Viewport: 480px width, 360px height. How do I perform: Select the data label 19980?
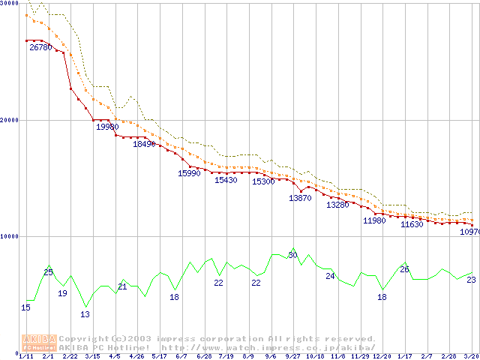click(x=107, y=127)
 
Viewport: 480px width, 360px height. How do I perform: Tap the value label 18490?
click(x=144, y=144)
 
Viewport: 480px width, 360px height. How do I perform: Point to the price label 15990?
click(x=189, y=173)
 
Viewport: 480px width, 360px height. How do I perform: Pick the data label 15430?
click(x=226, y=180)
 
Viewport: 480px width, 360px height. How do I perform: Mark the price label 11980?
click(x=374, y=220)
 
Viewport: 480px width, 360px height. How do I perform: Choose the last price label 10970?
click(x=469, y=232)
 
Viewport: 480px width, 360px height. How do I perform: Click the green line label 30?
click(x=292, y=256)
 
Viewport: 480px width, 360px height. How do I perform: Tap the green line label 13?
click(x=85, y=314)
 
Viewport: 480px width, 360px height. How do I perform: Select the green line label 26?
click(x=404, y=269)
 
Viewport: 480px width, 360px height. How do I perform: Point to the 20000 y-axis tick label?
click(x=9, y=120)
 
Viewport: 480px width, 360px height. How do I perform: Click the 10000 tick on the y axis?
click(x=9, y=236)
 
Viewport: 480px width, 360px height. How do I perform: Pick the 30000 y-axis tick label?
click(x=9, y=4)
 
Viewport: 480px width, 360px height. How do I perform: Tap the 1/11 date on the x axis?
click(x=25, y=356)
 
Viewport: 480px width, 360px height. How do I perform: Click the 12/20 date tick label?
click(x=382, y=356)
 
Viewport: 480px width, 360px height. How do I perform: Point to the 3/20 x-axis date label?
click(x=470, y=356)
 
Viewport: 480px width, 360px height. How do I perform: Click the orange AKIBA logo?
click(x=39, y=343)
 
